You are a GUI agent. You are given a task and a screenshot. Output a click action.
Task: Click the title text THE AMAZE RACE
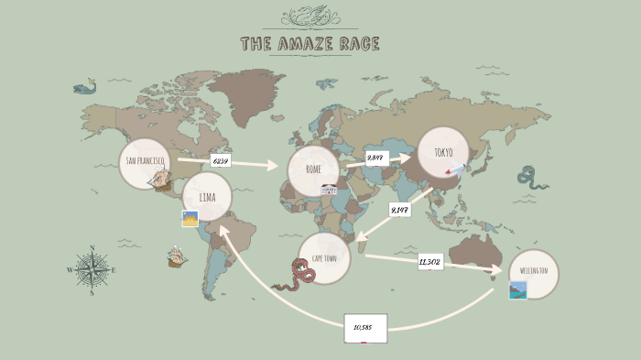pyautogui.click(x=310, y=44)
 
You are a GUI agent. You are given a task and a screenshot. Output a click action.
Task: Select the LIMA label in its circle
pyautogui.click(x=207, y=196)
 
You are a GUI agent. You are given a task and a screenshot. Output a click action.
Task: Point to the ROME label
pyautogui.click(x=313, y=169)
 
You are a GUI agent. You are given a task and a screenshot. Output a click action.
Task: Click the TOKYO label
pyautogui.click(x=443, y=152)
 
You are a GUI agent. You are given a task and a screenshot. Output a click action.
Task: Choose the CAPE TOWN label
pyautogui.click(x=324, y=258)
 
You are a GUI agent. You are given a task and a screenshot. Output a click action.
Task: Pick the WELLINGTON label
pyautogui.click(x=533, y=271)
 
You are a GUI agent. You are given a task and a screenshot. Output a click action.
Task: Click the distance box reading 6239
pyautogui.click(x=220, y=160)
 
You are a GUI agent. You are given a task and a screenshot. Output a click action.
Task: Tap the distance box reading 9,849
pyautogui.click(x=375, y=158)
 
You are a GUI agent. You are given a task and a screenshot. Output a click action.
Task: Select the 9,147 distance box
pyautogui.click(x=399, y=210)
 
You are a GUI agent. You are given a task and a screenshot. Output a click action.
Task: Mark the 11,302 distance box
pyautogui.click(x=429, y=262)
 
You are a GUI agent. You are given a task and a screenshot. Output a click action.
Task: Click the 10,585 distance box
pyautogui.click(x=365, y=327)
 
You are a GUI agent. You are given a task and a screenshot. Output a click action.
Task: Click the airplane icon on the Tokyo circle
pyautogui.click(x=456, y=169)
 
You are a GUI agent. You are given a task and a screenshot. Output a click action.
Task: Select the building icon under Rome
pyautogui.click(x=329, y=190)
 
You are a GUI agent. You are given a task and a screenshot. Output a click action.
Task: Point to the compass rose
pyautogui.click(x=90, y=269)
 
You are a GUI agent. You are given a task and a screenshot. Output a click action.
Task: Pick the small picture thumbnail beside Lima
pyautogui.click(x=190, y=219)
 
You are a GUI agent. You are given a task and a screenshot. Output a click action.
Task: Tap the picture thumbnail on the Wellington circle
pyautogui.click(x=518, y=290)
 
